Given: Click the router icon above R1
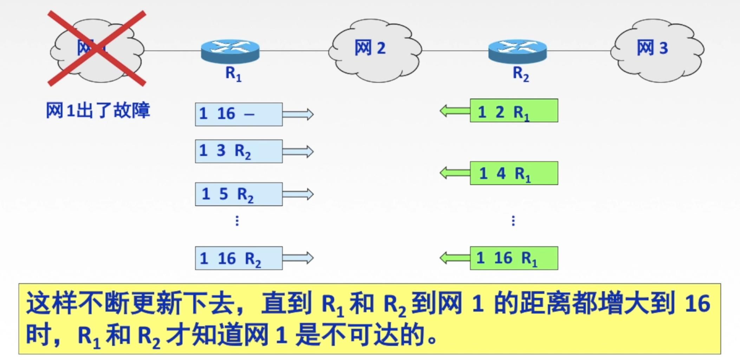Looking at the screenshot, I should [x=230, y=51].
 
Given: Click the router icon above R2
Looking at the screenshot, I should [x=518, y=51].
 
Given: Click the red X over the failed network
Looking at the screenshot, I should [x=97, y=49].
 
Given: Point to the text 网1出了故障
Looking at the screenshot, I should [x=98, y=110].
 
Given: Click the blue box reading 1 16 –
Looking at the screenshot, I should [x=239, y=114].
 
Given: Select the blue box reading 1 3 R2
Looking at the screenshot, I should [x=239, y=151].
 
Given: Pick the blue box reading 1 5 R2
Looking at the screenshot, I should [x=239, y=194].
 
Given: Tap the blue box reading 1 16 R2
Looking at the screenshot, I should [x=239, y=258].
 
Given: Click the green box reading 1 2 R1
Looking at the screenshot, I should [x=514, y=111].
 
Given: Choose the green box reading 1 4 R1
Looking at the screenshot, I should [x=514, y=173].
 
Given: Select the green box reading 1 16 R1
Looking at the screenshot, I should [x=514, y=258].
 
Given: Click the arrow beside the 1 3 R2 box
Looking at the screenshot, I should [x=298, y=152].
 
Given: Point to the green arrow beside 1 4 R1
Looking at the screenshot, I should [x=455, y=173].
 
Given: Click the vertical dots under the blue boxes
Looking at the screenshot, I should [x=237, y=221].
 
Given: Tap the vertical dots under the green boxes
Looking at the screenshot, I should [x=513, y=221].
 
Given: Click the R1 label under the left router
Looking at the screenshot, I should [x=233, y=74].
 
